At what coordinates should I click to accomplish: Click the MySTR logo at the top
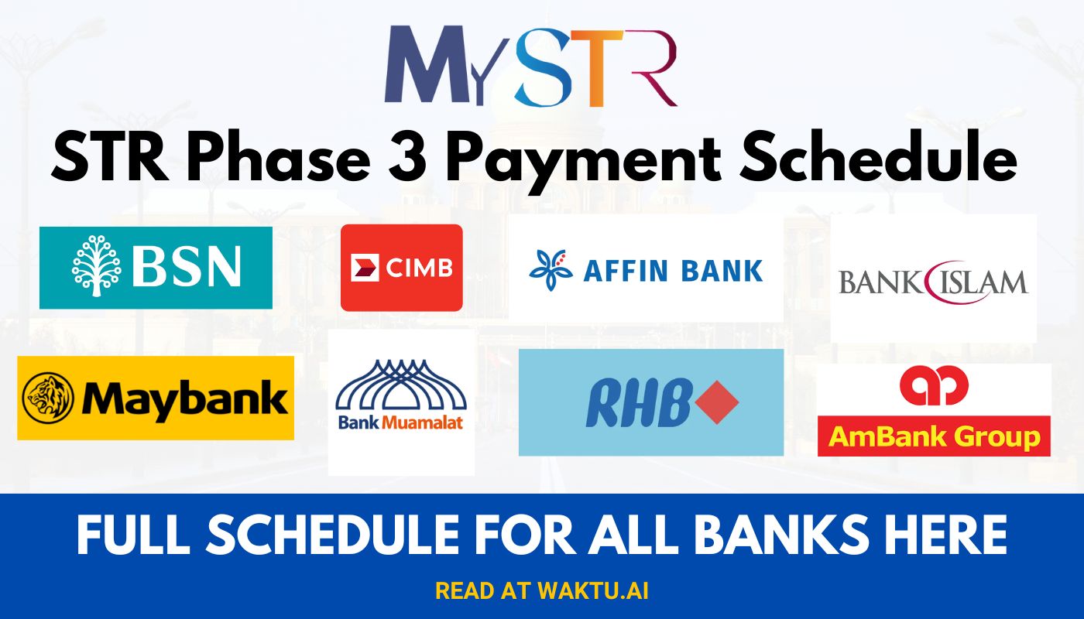coord(531,65)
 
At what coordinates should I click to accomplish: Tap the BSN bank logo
coord(156,267)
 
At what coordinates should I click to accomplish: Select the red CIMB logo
coord(401,268)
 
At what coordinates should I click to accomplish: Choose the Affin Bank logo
coord(646,269)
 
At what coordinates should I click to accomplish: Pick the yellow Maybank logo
coord(156,398)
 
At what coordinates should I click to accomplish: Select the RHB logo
coord(650,403)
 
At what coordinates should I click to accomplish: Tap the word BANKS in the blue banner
coord(794,535)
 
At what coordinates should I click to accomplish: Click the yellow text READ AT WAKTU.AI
coord(542,591)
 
